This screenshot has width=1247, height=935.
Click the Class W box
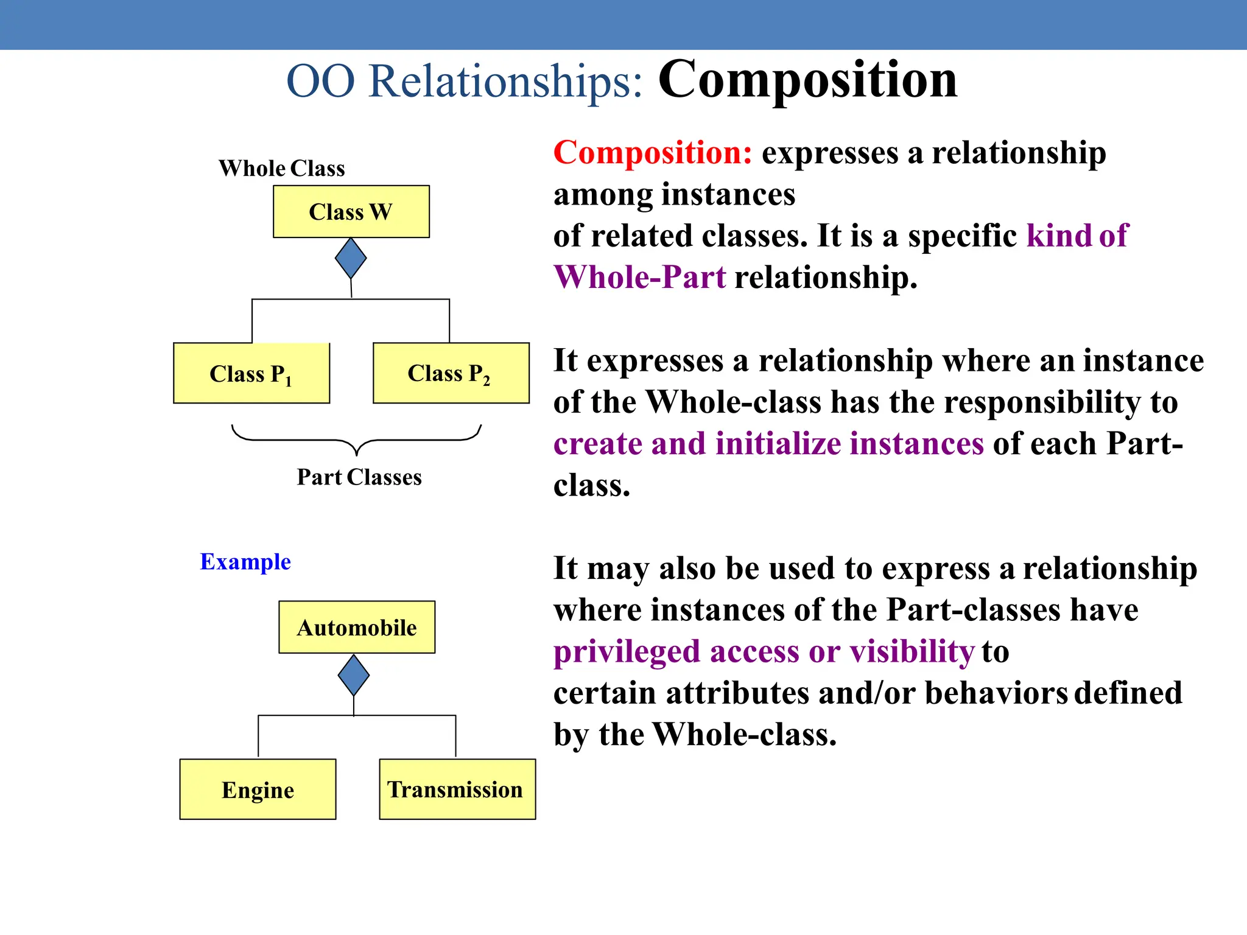tap(351, 212)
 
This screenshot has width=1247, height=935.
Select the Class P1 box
tap(251, 373)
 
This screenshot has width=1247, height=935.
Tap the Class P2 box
tap(451, 373)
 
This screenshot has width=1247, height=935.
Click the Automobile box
tap(357, 628)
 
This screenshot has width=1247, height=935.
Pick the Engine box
tap(258, 790)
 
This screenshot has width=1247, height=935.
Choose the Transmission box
tap(457, 790)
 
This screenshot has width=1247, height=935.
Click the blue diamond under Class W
tap(351, 258)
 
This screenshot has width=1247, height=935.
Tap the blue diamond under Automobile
tap(354, 675)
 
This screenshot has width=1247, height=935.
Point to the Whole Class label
tap(281, 169)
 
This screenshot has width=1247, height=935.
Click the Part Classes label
tap(359, 477)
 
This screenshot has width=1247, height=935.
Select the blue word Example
tap(245, 561)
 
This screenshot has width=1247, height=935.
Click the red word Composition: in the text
tap(652, 153)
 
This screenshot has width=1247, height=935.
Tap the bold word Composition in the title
tap(807, 80)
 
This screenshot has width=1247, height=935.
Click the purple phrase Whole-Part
tap(639, 278)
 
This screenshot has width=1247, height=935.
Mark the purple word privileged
tap(627, 652)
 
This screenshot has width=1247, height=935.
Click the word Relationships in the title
tap(505, 82)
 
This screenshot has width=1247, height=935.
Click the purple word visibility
tap(912, 652)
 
